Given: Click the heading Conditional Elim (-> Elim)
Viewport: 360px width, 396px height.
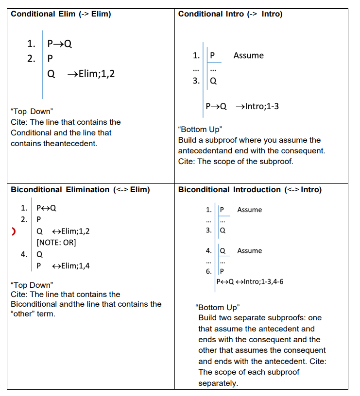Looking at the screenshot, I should click(61, 14).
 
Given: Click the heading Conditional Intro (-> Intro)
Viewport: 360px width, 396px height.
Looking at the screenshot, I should click(230, 14).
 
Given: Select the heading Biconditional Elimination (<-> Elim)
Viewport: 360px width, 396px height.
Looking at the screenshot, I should click(80, 190).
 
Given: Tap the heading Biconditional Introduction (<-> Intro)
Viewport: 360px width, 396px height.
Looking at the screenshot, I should click(250, 190).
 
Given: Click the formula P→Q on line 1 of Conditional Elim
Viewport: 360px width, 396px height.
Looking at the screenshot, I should click(60, 44).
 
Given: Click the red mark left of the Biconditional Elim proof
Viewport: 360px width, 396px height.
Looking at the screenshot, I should click(14, 231).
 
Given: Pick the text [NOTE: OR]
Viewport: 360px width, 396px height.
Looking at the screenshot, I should click(56, 242).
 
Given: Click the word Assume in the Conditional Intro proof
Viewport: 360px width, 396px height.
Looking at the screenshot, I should click(248, 56).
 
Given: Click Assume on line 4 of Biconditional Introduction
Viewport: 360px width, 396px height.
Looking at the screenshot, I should click(249, 251).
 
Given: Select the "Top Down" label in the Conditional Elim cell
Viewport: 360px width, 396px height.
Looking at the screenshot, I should click(31, 112).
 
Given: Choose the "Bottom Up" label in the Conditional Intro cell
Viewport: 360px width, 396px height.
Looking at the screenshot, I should click(200, 129).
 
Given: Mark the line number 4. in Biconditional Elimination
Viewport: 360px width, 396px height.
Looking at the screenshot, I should click(24, 254).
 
